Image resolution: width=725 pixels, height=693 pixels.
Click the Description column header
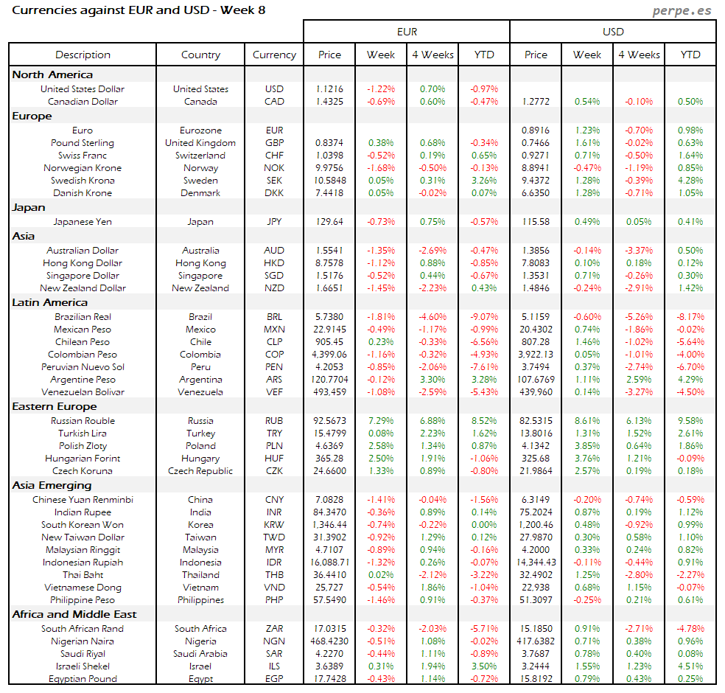83,55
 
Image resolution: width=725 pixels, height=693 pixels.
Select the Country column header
200,55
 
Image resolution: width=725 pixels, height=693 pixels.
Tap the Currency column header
274,55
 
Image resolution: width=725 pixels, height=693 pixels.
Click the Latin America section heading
49,302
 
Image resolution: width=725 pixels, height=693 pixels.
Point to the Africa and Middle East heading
74,614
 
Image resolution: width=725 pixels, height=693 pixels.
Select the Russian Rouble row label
83,421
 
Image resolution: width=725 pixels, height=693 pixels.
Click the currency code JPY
274,221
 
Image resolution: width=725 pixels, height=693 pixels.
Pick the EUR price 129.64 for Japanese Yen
329,221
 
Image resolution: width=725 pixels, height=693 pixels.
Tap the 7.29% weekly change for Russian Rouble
381,421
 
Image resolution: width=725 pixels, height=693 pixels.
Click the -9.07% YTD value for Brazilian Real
484,317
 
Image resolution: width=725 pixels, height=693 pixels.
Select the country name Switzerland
200,156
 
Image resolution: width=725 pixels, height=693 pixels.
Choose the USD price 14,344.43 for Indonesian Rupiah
536,563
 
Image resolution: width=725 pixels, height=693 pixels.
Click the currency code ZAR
274,629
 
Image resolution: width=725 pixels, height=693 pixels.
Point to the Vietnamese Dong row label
83,588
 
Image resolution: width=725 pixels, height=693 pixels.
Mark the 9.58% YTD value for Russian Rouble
690,421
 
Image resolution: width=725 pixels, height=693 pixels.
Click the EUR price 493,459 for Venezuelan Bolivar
329,392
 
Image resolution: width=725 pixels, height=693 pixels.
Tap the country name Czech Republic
200,471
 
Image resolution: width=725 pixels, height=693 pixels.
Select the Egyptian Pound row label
83,679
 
